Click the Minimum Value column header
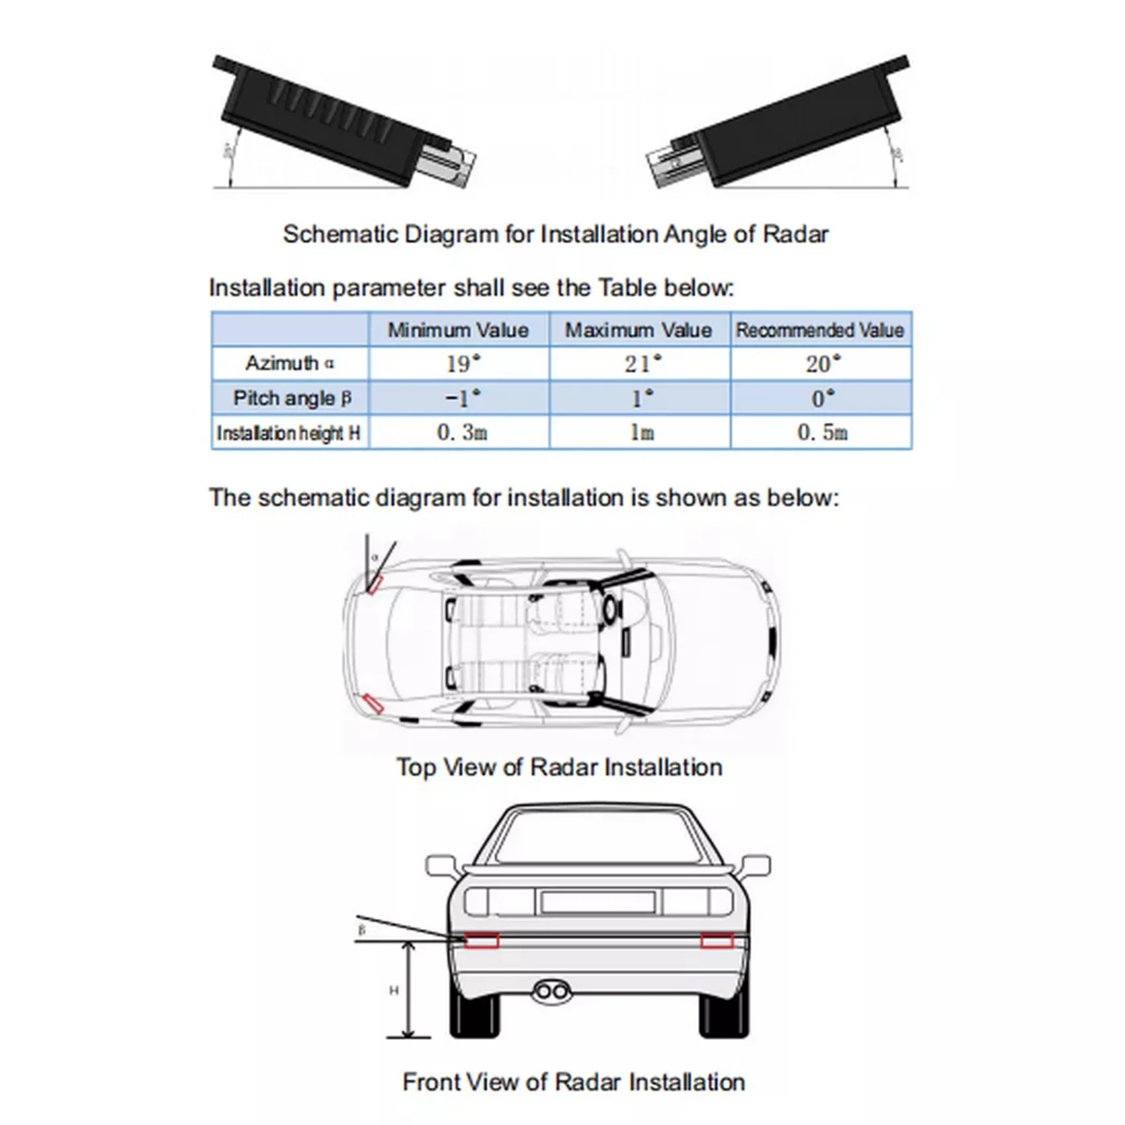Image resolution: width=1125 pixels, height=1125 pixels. tap(458, 330)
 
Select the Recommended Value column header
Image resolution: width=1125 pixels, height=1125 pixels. tap(820, 330)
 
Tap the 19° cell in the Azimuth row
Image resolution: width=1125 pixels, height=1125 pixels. tap(463, 363)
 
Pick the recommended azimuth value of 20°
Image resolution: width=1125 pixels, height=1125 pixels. tap(823, 363)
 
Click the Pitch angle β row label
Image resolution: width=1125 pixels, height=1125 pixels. tap(292, 398)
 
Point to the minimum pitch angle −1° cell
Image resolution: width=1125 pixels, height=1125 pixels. tap(463, 398)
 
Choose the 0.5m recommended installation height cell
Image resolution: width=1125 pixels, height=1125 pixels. tap(822, 433)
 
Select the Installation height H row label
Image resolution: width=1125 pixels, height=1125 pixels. tap(289, 433)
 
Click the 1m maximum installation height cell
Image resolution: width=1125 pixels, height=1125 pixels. tap(641, 433)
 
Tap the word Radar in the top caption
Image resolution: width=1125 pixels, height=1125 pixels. tap(795, 234)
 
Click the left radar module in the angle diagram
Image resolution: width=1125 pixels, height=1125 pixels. tap(337, 119)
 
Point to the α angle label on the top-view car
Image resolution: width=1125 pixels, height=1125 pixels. tap(375, 557)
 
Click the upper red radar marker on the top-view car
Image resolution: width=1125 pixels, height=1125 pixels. tap(375, 584)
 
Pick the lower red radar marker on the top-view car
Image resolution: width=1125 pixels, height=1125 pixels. tap(373, 705)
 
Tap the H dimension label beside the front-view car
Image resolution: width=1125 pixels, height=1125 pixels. tap(393, 991)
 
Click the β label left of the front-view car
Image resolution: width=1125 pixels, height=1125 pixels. tap(361, 930)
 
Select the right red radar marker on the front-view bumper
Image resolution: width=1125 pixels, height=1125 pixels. tap(717, 940)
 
